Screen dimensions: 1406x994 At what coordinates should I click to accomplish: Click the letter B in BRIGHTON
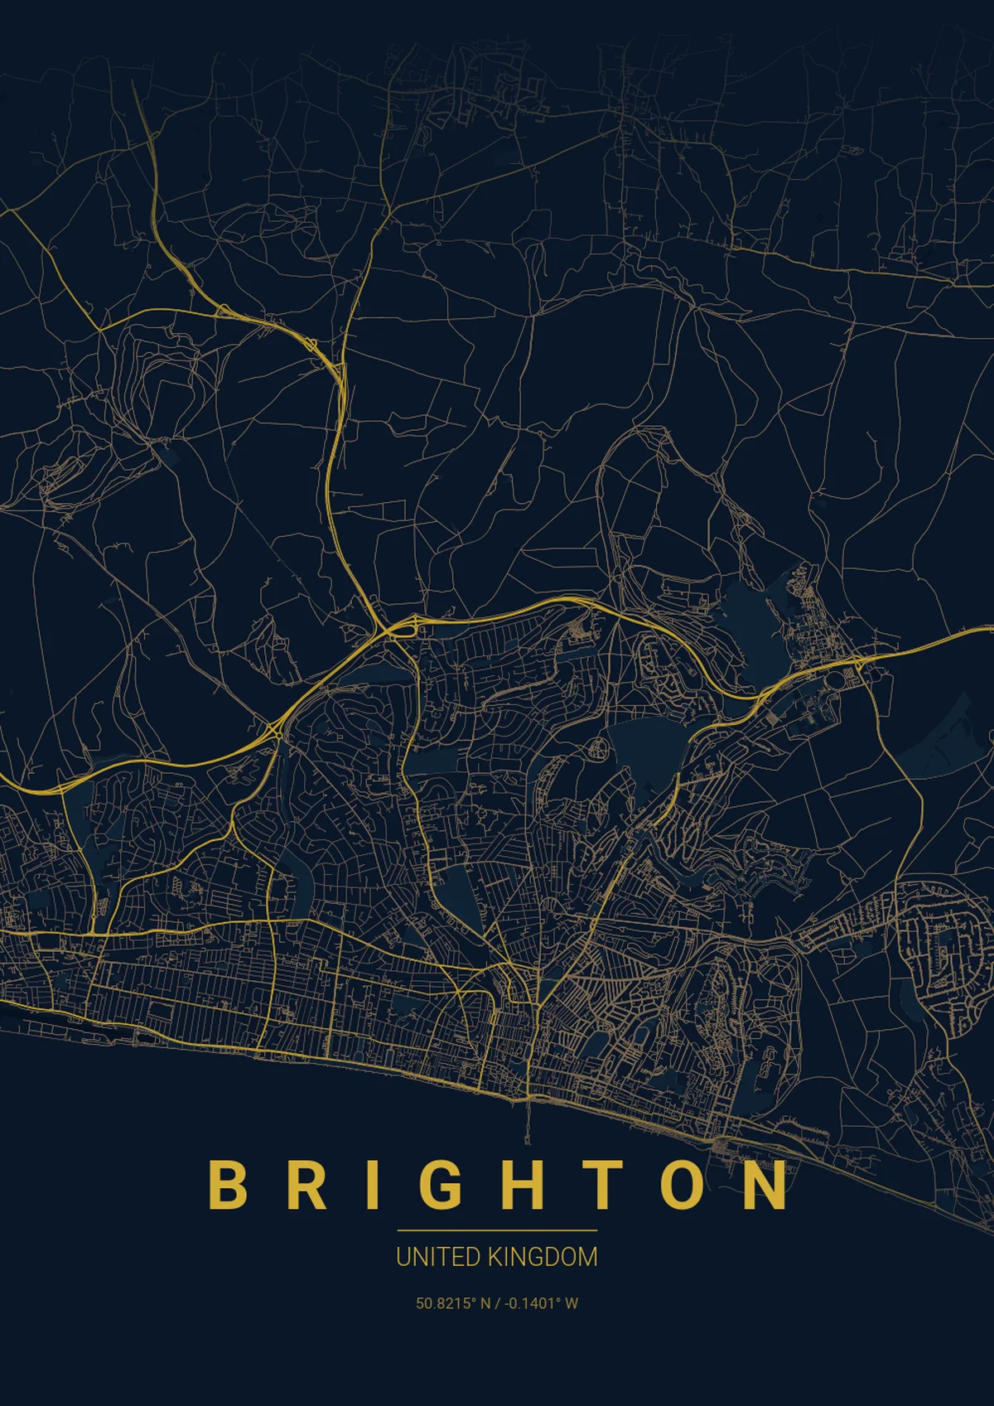[x=227, y=1184]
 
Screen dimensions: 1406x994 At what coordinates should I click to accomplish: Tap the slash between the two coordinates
[x=496, y=1303]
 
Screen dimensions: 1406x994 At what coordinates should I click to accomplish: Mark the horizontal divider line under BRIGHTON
[x=497, y=1230]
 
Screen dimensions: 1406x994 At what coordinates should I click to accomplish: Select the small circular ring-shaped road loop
[x=596, y=751]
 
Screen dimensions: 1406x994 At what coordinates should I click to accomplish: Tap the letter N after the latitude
[x=485, y=1303]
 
